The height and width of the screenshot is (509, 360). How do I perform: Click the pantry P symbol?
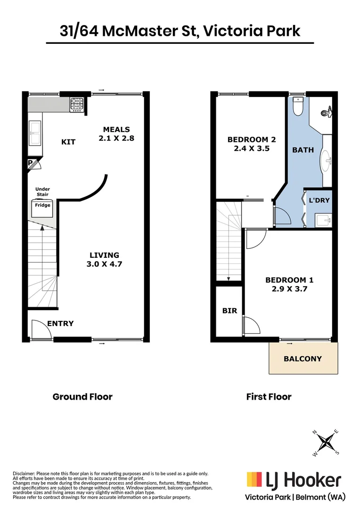point(31,164)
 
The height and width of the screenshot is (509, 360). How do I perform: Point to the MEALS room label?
point(116,130)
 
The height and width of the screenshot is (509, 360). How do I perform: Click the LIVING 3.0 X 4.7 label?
point(104,260)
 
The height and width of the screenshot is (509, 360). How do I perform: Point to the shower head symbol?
point(324,113)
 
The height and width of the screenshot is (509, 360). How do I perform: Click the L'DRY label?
point(319,200)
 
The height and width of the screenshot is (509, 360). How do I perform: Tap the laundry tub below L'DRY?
point(323,220)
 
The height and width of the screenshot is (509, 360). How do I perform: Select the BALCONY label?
point(303,359)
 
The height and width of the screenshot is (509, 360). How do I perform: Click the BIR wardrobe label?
point(229,311)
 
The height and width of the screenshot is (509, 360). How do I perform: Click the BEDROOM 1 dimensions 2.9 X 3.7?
point(289,289)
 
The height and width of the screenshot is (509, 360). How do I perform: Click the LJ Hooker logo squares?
point(254,480)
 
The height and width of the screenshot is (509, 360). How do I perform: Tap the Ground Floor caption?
point(82,397)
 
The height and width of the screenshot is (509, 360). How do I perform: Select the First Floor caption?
point(269,397)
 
